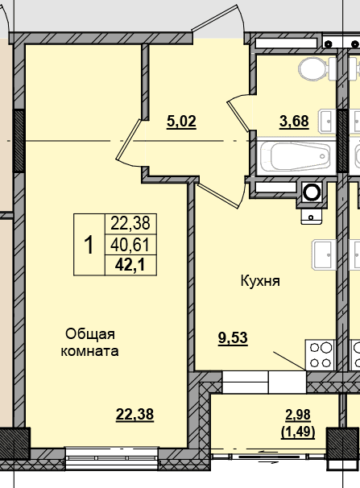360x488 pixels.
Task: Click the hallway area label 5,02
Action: point(181,122)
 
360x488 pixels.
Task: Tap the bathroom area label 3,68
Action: point(294,121)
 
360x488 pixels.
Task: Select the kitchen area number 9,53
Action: point(233,337)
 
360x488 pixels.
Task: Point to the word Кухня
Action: point(260,281)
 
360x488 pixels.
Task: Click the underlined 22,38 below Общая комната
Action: point(134,414)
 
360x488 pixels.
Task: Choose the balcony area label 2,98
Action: point(298,415)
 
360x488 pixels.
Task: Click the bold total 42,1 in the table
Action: point(130,266)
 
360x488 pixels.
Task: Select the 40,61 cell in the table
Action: point(130,245)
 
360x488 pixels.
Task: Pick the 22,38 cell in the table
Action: point(130,223)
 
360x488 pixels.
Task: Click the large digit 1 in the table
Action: point(89,245)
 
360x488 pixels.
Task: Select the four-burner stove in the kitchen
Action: point(321,355)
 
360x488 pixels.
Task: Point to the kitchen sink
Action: point(324,254)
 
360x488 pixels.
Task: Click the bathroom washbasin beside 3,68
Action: point(328,121)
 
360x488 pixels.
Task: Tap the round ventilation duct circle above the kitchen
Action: point(312,192)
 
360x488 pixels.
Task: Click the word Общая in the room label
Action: point(90,334)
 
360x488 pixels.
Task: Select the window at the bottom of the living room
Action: point(112,458)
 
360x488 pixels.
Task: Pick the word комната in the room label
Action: point(89,351)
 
